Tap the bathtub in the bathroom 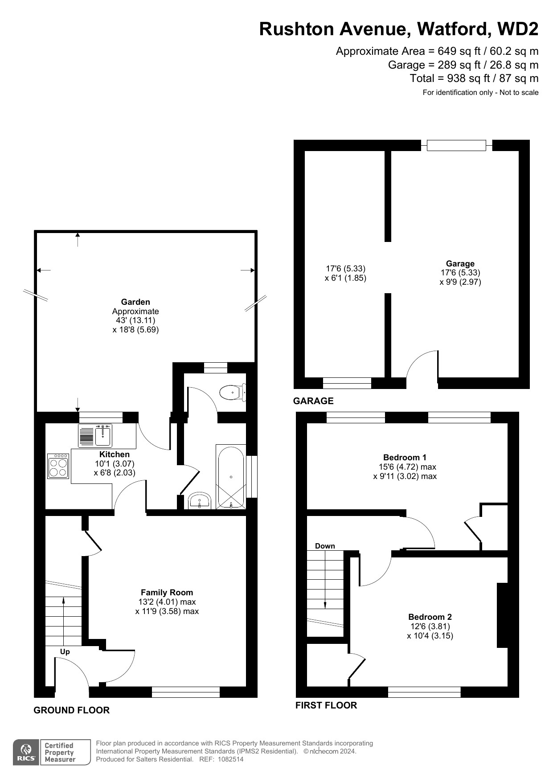pos(231,476)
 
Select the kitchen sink pos(95,435)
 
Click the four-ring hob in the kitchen pos(58,466)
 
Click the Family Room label pos(167,592)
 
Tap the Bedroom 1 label pos(405,457)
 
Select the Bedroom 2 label pos(430,617)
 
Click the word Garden pos(135,302)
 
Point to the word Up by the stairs pos(65,651)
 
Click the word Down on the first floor pos(325,546)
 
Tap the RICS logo pos(26,752)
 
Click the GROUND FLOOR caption pos(72,710)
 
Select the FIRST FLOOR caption pos(326,705)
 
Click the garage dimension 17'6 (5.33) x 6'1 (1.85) pos(346,273)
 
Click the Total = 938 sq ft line pos(474,78)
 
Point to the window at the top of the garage pos(456,145)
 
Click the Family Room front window pos(186,692)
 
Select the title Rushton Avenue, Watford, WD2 pos(399,29)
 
